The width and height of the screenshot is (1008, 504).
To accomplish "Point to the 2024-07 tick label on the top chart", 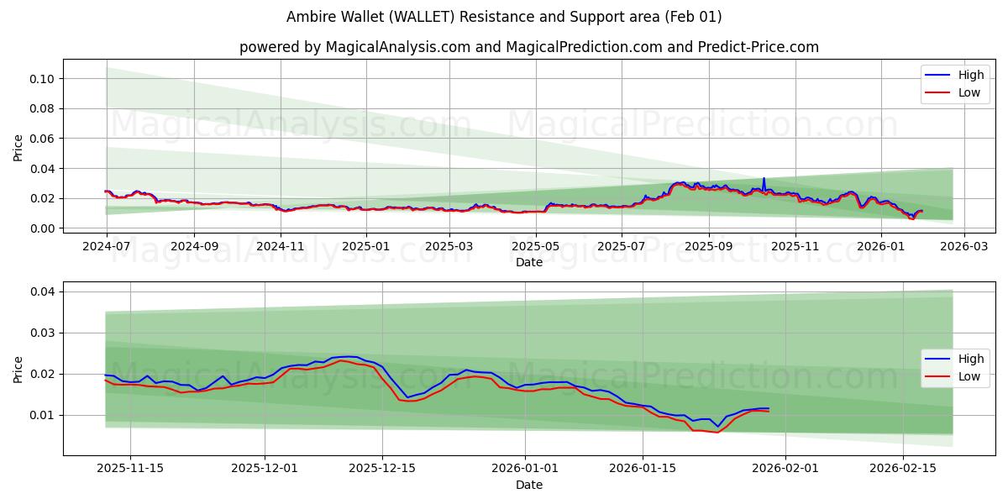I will point(107,247).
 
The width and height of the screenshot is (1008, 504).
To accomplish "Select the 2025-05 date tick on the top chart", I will point(535,247).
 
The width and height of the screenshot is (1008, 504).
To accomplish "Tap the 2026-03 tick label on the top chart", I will point(963,247).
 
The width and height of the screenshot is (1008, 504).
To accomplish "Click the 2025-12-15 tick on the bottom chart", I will point(382,468).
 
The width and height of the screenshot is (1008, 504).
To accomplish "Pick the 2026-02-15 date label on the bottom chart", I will point(903,468).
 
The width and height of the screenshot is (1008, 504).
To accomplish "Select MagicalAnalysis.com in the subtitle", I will point(398,47).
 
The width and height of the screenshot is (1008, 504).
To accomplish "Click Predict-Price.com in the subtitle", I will point(759,47).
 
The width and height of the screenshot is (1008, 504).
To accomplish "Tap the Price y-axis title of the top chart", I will point(18,148).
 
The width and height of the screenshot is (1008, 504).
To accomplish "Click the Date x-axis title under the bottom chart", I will point(529,485).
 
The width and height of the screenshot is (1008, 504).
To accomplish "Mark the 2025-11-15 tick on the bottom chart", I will point(129,468).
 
